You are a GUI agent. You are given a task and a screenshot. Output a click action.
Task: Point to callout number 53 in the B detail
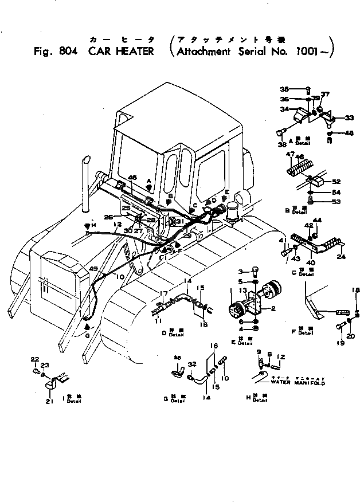pos(338,202)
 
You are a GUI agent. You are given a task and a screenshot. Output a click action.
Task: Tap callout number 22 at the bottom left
pos(34,359)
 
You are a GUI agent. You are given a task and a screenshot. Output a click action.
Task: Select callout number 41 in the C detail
pos(281,240)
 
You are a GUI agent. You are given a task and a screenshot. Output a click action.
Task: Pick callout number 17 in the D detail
pos(165,294)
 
